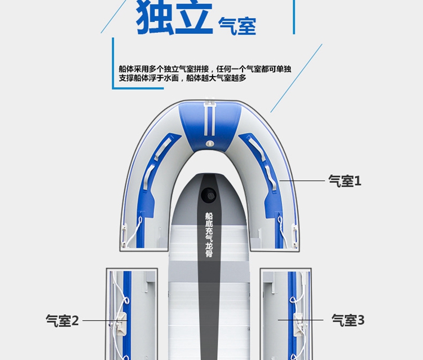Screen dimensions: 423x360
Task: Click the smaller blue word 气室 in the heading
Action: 237,25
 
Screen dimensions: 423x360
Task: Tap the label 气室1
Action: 345,181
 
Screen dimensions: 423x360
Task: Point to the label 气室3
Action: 348,321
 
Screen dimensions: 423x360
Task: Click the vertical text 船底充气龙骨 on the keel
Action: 209,235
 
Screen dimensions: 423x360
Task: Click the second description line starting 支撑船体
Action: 183,78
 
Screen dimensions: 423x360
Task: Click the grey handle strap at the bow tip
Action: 210,113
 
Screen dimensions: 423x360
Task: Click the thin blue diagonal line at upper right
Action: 296,79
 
